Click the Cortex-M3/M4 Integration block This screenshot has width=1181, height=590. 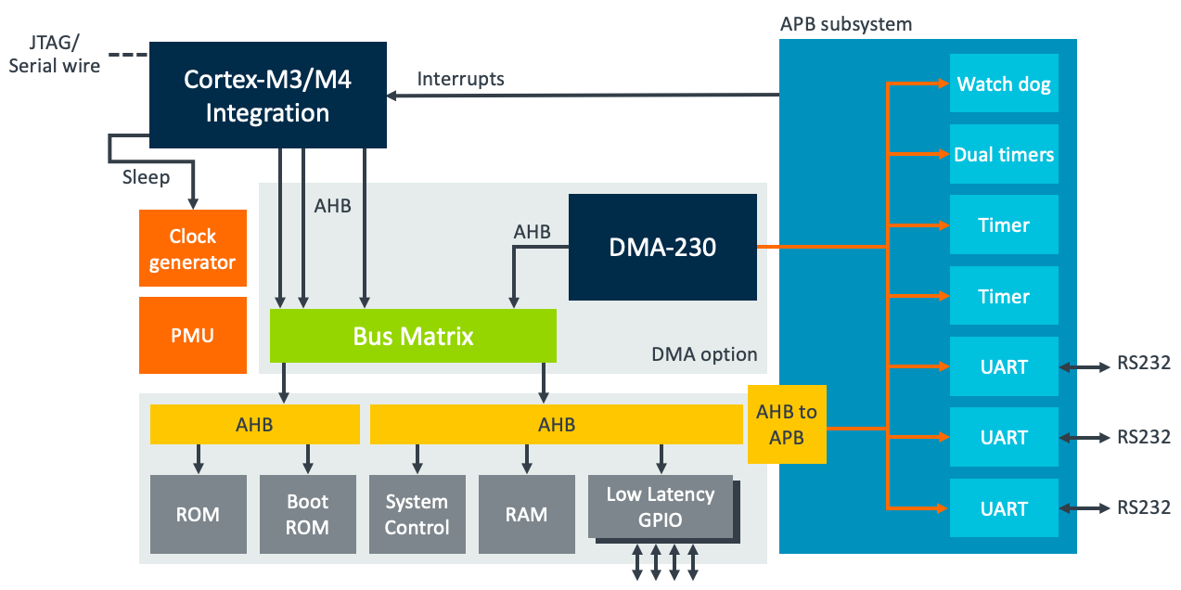[267, 95]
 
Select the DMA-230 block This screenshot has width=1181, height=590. [662, 247]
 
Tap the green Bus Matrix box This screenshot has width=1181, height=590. [413, 336]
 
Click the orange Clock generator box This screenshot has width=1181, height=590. [193, 250]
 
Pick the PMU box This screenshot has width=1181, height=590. [193, 335]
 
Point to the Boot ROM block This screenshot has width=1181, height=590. [307, 514]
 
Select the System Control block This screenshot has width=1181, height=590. [417, 514]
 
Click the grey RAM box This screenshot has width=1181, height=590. [526, 514]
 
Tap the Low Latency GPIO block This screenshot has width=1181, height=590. [661, 507]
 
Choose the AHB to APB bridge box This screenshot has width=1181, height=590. [787, 424]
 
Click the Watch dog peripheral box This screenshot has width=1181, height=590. [1004, 84]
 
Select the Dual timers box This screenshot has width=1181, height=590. [1004, 155]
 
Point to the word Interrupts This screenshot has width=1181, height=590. [460, 79]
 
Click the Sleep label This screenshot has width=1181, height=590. [146, 176]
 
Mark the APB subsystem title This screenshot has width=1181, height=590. [846, 24]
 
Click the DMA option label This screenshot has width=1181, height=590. [704, 354]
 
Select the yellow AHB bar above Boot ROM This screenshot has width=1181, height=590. [254, 424]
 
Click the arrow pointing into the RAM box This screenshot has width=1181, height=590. [527, 458]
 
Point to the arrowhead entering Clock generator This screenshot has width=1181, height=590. [193, 201]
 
